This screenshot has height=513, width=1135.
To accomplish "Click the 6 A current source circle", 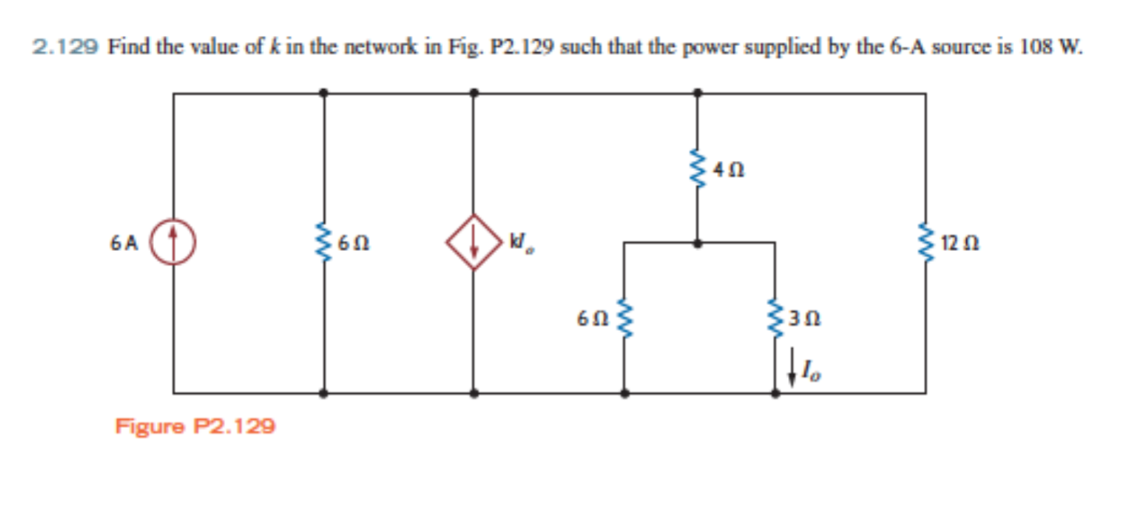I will point(173,242).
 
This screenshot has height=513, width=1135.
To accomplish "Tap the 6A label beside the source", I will point(124,243).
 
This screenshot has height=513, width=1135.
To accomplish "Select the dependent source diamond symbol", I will point(473,242).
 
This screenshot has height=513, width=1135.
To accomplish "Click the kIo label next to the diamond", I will point(520,246).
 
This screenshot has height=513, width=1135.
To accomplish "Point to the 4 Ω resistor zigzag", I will point(696,167).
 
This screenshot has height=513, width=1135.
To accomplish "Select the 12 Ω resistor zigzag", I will point(926,242).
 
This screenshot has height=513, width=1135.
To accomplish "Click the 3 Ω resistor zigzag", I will point(775,317).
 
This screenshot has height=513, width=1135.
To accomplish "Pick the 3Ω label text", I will point(805,318).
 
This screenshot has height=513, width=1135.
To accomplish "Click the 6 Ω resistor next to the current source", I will point(323,242).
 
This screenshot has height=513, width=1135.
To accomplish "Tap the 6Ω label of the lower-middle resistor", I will point(591,318).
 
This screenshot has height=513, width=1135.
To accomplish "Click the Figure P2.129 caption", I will point(195,426).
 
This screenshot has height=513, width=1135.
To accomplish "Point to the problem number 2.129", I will point(66,48).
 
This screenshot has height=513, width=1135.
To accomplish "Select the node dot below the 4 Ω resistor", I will point(697,242).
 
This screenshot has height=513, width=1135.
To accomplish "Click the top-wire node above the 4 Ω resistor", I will point(697,92).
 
